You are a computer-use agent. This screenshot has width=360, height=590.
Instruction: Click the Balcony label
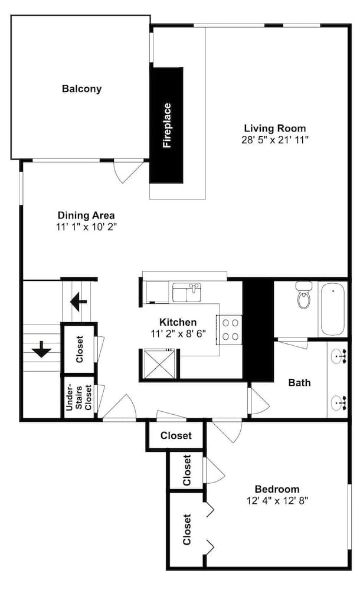(81, 89)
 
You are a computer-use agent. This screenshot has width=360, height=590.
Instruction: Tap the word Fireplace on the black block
(167, 125)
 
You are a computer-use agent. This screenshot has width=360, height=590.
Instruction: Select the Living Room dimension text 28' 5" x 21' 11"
(275, 140)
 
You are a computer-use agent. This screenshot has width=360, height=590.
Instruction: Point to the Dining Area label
(86, 215)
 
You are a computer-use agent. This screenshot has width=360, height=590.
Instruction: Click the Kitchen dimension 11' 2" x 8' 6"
(178, 334)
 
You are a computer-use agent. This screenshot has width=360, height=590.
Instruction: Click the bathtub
(332, 309)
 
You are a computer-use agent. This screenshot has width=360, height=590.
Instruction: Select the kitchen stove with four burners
(230, 329)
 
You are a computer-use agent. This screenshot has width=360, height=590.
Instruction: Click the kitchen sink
(187, 293)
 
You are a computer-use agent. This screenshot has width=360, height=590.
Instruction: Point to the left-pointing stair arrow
(78, 301)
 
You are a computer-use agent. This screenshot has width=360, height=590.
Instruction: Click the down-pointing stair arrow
(41, 349)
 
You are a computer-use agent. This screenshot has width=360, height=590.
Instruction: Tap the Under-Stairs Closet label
(78, 397)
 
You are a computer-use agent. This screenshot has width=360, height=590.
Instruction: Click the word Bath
(299, 383)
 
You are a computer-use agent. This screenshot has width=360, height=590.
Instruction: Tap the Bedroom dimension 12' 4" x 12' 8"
(277, 501)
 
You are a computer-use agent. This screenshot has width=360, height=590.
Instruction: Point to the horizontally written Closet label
(176, 435)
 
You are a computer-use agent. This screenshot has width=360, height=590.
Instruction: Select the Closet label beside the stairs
(80, 349)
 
